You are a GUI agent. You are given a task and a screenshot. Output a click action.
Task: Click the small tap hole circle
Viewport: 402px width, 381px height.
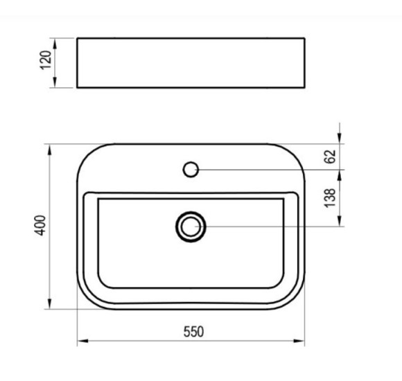[x=191, y=168]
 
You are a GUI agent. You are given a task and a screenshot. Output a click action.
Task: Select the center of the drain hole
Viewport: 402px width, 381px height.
[x=191, y=226]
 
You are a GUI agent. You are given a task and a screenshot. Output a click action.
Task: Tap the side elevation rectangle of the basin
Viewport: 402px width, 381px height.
[x=191, y=63]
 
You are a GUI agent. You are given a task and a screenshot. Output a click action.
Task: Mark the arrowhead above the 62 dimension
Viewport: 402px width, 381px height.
[x=340, y=139]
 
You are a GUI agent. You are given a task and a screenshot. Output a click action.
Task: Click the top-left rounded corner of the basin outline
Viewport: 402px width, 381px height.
[x=87, y=154]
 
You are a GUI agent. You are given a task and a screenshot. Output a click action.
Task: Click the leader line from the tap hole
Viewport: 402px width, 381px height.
[x=263, y=168]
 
